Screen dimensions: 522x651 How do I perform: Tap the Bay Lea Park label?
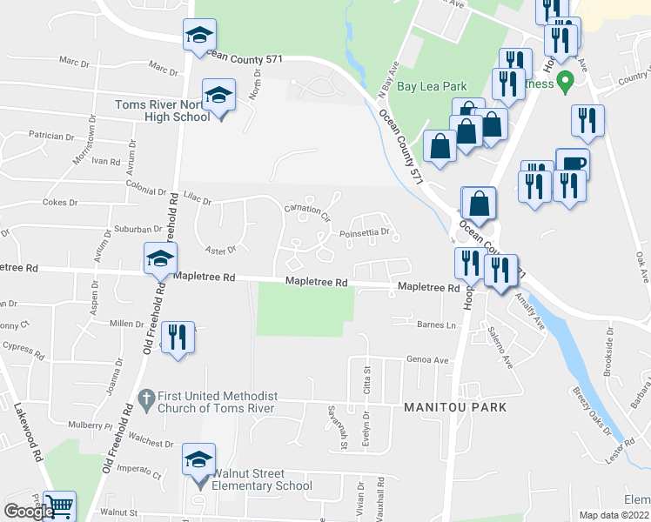point(432,86)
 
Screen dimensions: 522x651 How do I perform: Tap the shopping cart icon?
point(58,505)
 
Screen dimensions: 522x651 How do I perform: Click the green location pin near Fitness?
point(565,84)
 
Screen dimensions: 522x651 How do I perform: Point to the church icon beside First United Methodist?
point(146,395)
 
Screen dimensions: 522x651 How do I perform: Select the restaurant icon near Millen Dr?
point(177,336)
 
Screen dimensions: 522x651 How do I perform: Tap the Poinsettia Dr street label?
point(368,232)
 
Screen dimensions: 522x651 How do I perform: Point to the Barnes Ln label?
point(436,325)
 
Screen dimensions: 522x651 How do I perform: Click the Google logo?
point(29,512)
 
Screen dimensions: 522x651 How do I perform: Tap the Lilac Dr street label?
point(197,199)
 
